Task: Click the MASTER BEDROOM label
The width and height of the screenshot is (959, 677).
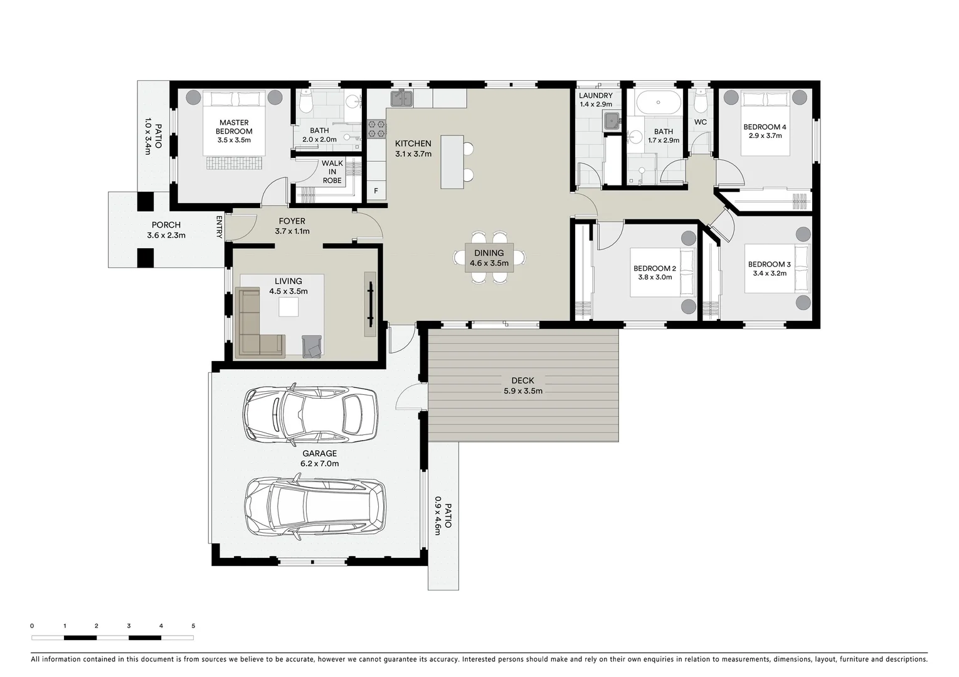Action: (234, 127)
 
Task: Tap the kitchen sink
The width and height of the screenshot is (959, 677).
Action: (401, 98)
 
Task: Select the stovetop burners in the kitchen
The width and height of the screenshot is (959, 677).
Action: (376, 129)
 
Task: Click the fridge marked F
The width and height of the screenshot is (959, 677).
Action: (376, 191)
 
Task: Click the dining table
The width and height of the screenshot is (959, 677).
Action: (489, 258)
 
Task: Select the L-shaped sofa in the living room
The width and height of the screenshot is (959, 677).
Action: (254, 326)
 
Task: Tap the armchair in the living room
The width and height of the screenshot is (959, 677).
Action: (312, 346)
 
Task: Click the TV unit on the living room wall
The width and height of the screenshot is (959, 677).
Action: (370, 304)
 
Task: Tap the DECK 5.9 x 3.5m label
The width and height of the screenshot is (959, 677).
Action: (522, 386)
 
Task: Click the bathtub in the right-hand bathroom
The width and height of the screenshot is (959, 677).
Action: (657, 102)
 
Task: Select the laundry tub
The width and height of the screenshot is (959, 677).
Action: (611, 120)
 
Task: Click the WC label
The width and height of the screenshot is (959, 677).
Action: (701, 122)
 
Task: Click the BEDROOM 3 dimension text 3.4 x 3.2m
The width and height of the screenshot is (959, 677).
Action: (769, 273)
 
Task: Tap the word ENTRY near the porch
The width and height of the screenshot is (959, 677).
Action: (220, 227)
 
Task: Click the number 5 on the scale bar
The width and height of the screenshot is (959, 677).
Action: (193, 626)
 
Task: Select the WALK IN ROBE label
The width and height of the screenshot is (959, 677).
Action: (332, 172)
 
